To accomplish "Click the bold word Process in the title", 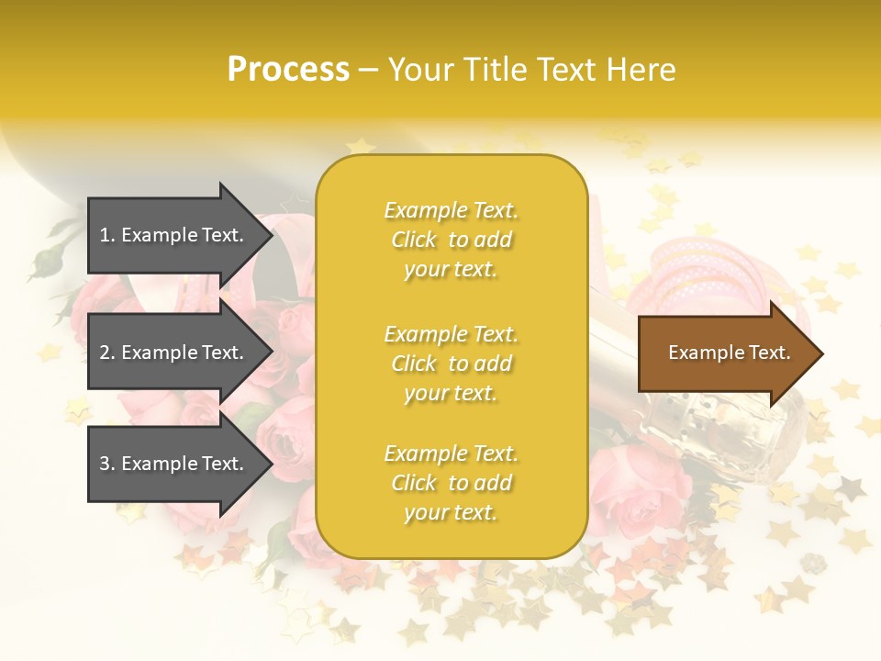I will tap(288, 70).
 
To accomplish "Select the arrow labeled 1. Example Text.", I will tap(174, 235).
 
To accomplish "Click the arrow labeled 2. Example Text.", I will tap(174, 353).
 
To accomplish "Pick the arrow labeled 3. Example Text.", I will tap(174, 464).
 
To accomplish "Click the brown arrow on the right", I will tap(725, 353).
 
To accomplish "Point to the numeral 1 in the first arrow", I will tap(105, 235).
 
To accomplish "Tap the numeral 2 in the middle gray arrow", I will tap(105, 353).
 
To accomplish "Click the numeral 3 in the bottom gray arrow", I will tap(105, 464).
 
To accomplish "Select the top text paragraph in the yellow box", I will tap(451, 240).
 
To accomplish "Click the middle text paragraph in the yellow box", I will tap(451, 364).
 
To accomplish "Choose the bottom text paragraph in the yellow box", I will tap(451, 483).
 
